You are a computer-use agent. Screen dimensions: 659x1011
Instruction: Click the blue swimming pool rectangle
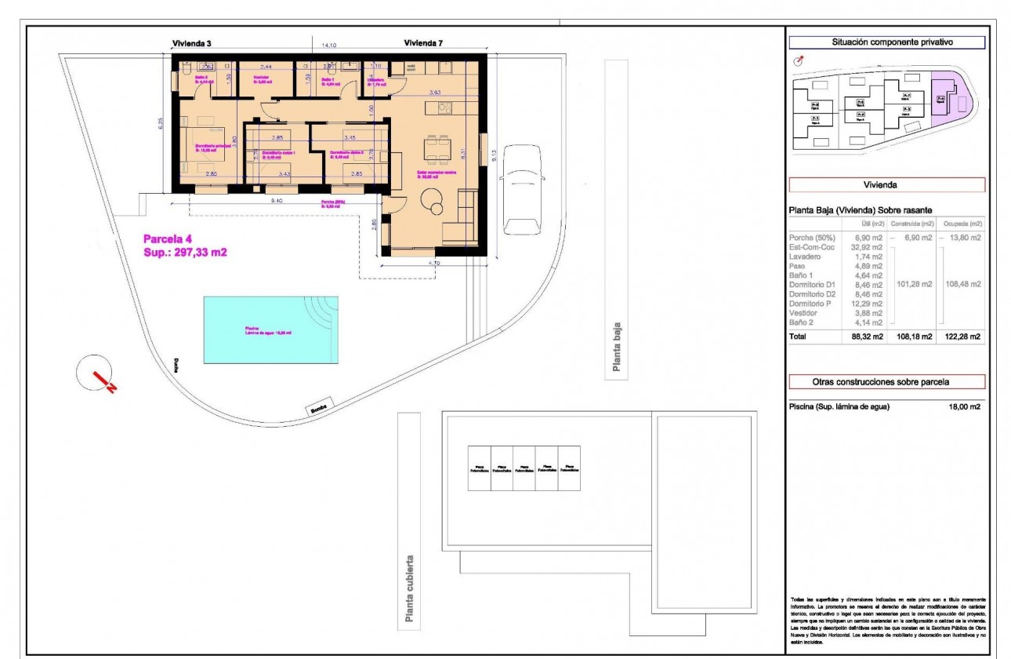(270, 329)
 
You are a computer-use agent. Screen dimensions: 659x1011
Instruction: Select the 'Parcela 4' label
(167, 239)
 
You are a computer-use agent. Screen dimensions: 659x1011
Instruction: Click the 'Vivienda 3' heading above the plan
(191, 43)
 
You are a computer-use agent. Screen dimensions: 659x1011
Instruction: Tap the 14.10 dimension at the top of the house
(324, 46)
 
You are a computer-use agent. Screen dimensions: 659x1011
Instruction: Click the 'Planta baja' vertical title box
(616, 220)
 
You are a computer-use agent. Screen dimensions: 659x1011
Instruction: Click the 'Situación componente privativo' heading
(886, 43)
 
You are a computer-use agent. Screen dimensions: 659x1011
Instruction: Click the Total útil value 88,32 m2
(867, 337)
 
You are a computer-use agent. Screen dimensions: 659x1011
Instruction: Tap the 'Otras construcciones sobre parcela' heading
(886, 382)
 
